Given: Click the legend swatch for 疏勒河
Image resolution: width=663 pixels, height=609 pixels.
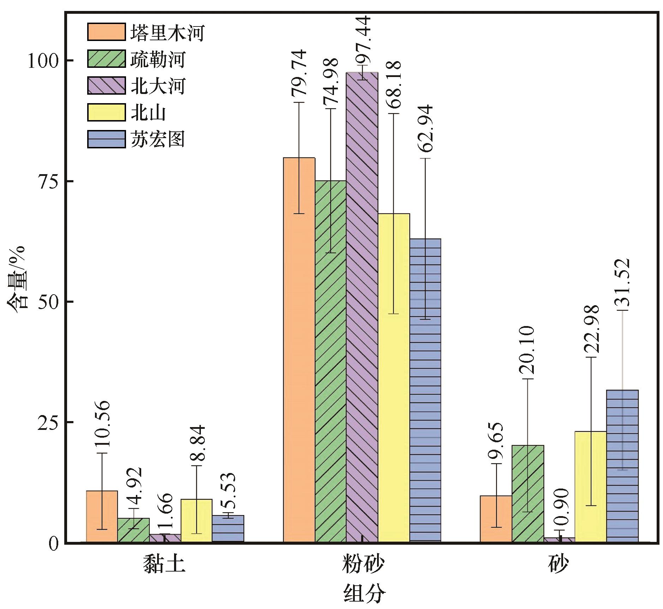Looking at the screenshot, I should (106, 59).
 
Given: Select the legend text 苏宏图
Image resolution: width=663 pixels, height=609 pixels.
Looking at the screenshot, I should (157, 139).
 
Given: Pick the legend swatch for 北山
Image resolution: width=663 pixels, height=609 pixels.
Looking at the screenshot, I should (106, 112).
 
